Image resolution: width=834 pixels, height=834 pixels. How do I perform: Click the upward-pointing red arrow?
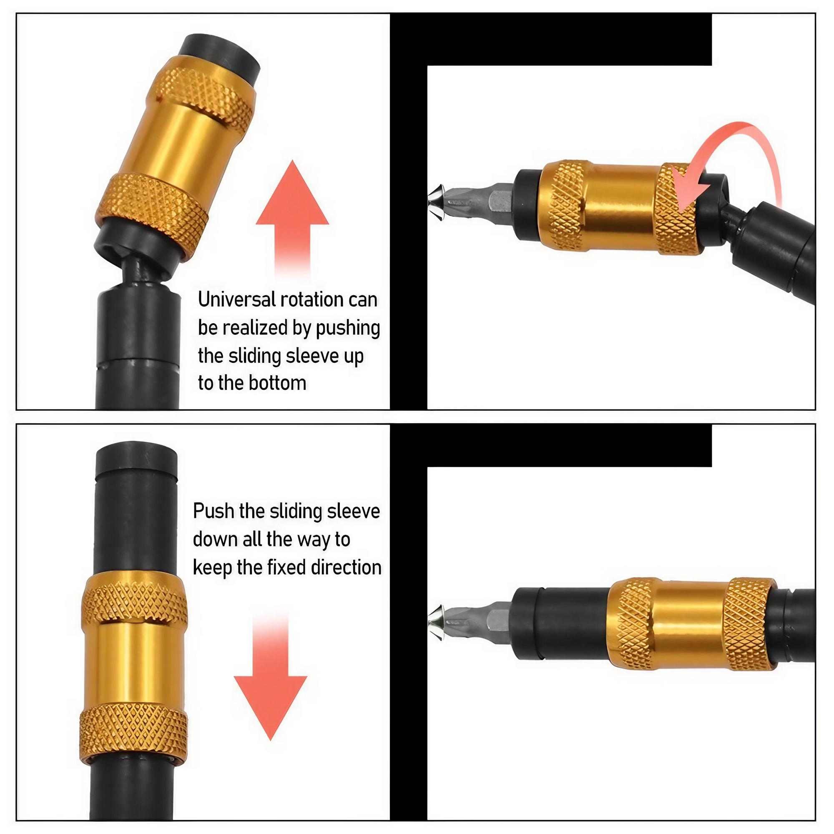point(292,216)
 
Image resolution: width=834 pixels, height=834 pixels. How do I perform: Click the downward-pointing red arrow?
point(271,691)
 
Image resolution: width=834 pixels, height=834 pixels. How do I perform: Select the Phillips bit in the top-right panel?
point(470,200)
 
